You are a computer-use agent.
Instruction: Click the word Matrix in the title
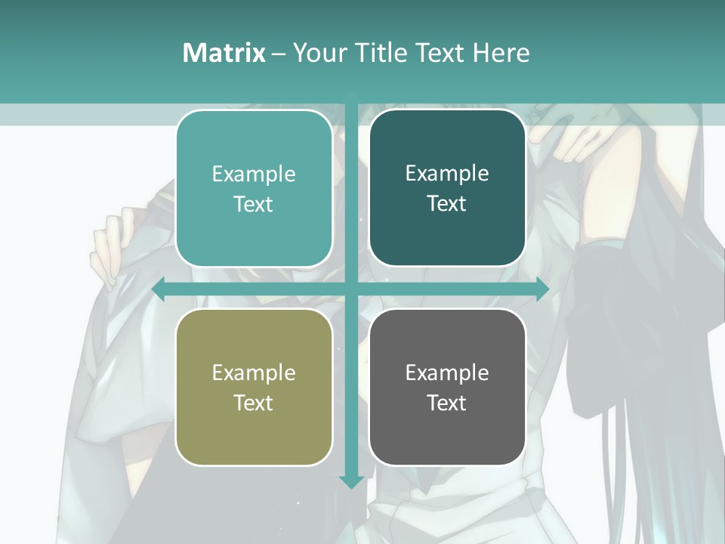[224, 53]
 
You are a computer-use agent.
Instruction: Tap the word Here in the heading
[501, 53]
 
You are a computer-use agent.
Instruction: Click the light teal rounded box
[254, 188]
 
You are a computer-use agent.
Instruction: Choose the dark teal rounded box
[447, 188]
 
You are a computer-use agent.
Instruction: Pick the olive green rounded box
[254, 387]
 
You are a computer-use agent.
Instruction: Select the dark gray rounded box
[447, 387]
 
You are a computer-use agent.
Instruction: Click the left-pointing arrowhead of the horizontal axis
[159, 289]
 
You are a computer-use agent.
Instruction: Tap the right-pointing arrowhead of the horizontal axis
[542, 289]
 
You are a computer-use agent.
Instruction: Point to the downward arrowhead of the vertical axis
[351, 481]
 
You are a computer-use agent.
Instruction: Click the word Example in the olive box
[254, 372]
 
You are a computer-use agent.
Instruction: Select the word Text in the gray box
[447, 403]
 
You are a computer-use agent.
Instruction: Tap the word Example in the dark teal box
[447, 173]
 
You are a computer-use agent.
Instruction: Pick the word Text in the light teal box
[254, 204]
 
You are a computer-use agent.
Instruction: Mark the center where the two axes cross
[351, 289]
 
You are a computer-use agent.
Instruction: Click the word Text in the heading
[439, 53]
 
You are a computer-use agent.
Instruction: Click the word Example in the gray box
[447, 372]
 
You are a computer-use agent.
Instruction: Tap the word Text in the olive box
[254, 403]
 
